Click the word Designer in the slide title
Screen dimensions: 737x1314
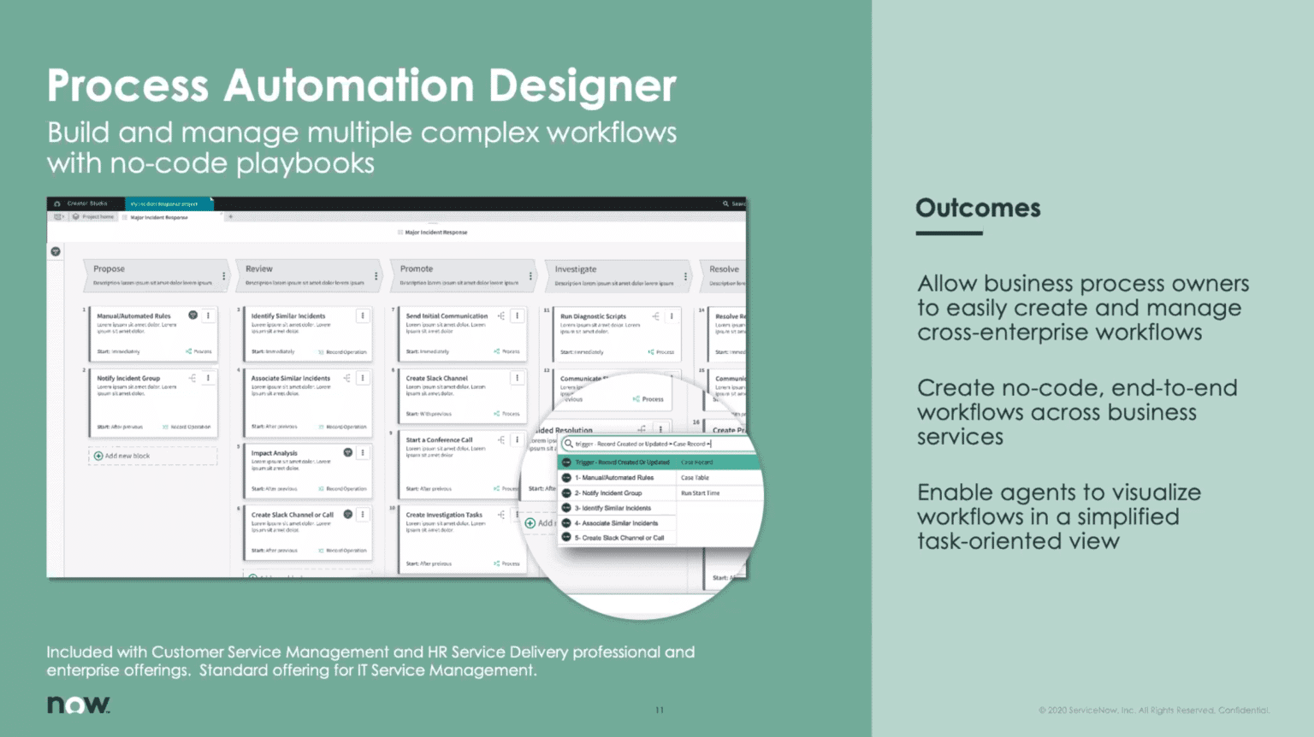tap(582, 86)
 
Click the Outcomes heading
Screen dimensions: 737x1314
tap(978, 208)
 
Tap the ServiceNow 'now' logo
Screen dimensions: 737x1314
tap(78, 705)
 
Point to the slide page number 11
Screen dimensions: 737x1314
tap(660, 710)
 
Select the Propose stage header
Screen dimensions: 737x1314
tap(109, 268)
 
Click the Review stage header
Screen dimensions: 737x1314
tap(258, 268)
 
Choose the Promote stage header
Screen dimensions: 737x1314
tap(417, 268)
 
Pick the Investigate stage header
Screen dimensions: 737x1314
tap(576, 268)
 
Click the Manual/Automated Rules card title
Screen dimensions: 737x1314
tap(133, 315)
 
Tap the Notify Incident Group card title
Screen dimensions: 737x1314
tap(128, 378)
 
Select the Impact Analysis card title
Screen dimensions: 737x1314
tap(274, 453)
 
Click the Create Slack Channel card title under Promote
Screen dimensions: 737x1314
tap(436, 378)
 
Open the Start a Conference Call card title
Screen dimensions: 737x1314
tap(439, 439)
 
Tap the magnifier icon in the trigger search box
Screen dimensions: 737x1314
tap(569, 444)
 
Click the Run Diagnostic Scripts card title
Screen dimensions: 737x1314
tap(593, 316)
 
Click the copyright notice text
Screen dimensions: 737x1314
tap(1153, 710)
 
